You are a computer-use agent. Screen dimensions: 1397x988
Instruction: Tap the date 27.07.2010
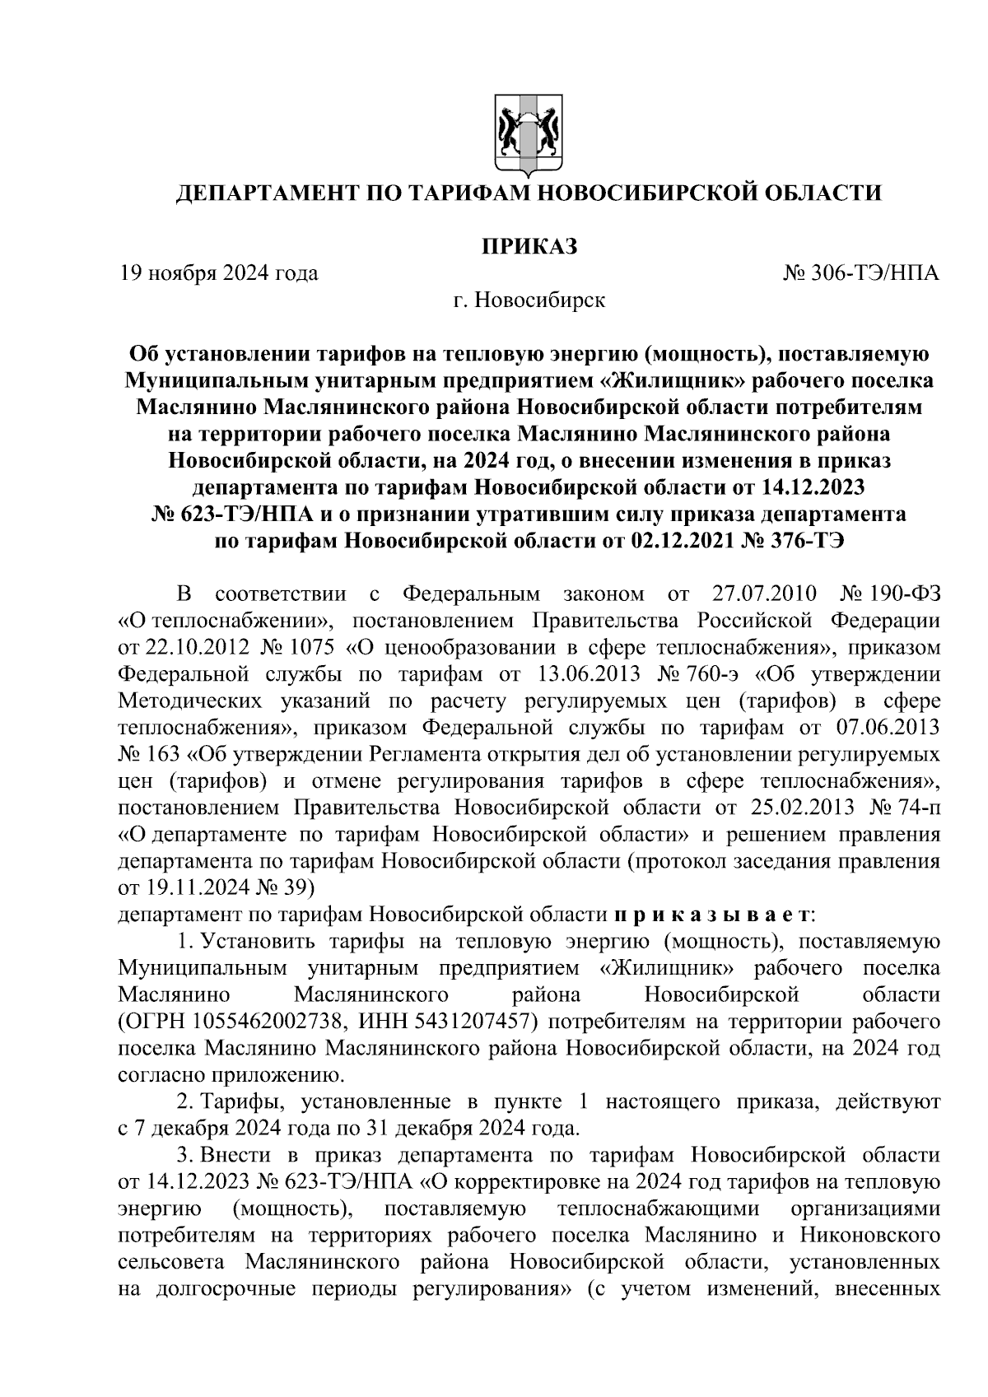coord(761,594)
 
